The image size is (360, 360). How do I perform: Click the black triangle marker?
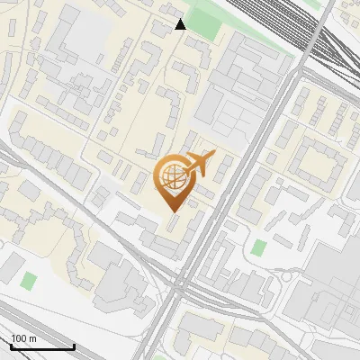click(180, 24)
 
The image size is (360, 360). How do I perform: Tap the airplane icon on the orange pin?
click(200, 164)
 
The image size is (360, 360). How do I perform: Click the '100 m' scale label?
click(24, 338)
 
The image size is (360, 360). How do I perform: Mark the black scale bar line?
click(42, 346)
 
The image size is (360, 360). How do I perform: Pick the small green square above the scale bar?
click(29, 281)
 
